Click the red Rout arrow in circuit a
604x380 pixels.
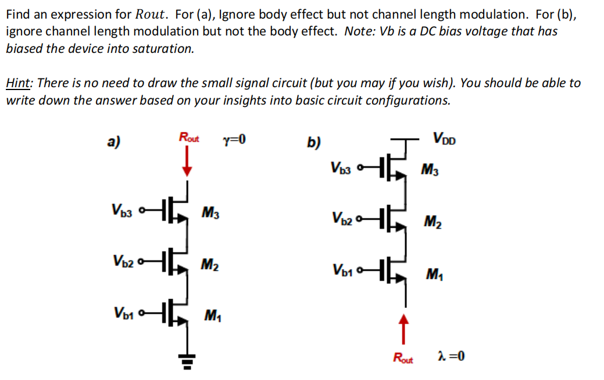[187, 161]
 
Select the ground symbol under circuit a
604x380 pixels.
[187, 363]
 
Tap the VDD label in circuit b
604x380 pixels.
[444, 139]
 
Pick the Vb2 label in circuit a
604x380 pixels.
[122, 261]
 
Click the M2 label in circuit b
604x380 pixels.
[432, 222]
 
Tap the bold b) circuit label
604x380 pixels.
[314, 142]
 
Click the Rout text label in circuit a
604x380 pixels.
[188, 138]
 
